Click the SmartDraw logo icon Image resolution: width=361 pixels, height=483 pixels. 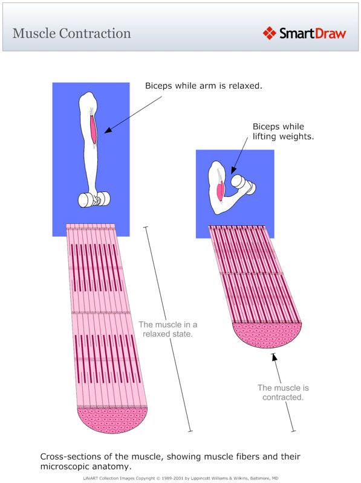pyautogui.click(x=270, y=33)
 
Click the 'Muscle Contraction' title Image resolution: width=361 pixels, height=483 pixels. pyautogui.click(x=71, y=33)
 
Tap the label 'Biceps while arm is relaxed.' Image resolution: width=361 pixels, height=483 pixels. pyautogui.click(x=203, y=86)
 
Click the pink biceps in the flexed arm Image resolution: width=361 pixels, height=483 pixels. pyautogui.click(x=221, y=190)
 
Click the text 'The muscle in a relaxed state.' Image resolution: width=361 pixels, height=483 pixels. pyautogui.click(x=167, y=329)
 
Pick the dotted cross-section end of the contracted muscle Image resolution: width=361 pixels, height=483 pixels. pyautogui.click(x=267, y=334)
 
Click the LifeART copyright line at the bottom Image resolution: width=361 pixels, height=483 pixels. pyautogui.click(x=180, y=478)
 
